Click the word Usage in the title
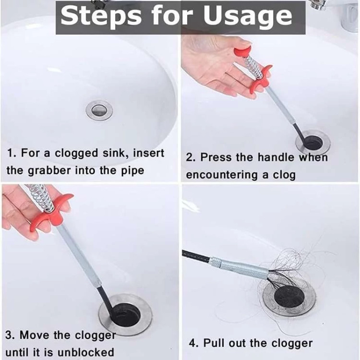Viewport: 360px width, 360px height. (x=248, y=16)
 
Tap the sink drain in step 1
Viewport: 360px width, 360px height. (x=99, y=110)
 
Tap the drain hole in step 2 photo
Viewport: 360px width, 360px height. (x=312, y=142)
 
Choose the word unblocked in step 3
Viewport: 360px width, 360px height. (x=85, y=352)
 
